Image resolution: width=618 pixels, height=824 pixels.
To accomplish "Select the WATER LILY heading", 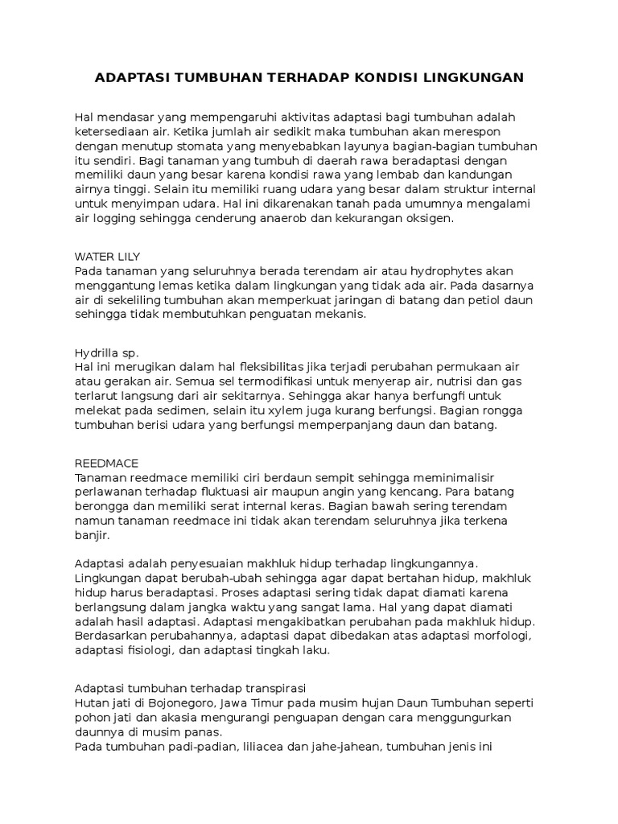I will [x=106, y=256].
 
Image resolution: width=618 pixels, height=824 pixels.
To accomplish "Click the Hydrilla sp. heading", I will [x=106, y=352].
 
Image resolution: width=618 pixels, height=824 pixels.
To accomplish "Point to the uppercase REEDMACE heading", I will [x=106, y=463].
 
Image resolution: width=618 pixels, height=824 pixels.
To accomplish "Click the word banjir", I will [x=91, y=535].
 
